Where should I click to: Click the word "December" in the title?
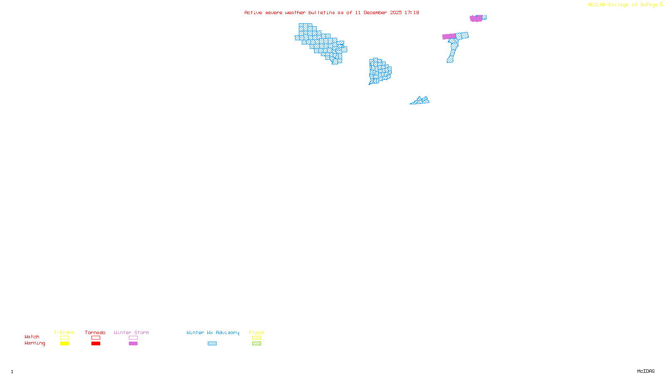375,12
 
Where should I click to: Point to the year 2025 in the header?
396,12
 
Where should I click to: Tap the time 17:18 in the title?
412,12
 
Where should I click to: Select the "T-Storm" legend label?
64,332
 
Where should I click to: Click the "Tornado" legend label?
95,332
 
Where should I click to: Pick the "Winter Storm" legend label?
131,332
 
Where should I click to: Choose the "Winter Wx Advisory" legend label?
213,332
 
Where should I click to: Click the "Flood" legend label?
256,332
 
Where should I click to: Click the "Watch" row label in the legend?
32,337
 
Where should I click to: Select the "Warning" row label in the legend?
34,343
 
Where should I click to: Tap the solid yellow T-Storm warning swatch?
64,344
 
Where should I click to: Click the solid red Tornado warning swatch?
96,344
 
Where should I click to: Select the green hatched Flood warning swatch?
256,344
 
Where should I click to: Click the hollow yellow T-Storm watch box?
64,338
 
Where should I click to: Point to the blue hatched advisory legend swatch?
212,344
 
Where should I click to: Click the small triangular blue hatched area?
421,101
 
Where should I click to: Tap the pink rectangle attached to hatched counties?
449,37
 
